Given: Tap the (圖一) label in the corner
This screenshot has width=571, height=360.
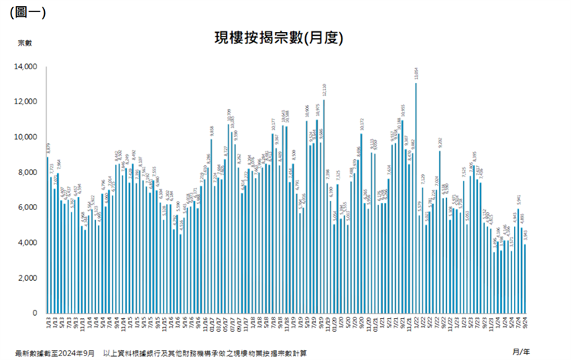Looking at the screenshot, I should point(27,11).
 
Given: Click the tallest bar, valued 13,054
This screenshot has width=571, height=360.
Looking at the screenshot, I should point(416,198).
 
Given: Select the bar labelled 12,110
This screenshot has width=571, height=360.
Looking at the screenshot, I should point(324,206).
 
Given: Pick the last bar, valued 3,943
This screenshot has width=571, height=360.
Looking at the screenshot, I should point(525,278).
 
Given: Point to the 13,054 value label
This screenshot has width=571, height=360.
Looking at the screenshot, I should point(416,75).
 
